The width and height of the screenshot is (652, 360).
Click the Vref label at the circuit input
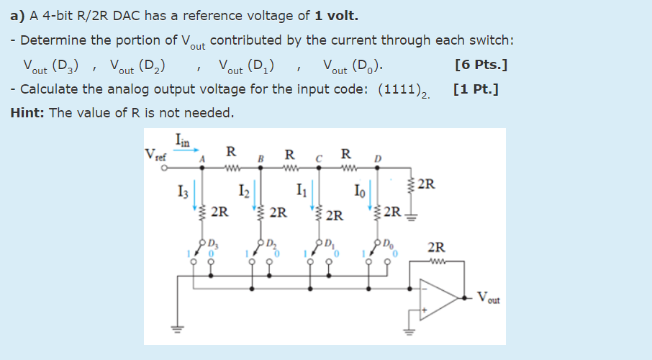point(154,154)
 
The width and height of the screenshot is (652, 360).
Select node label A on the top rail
point(202,159)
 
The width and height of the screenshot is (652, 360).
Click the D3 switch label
point(214,242)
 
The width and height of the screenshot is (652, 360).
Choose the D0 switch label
point(389,242)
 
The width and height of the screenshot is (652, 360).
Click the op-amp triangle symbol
point(442,297)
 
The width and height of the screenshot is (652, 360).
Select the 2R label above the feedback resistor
point(436,248)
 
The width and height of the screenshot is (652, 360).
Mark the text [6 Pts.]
point(481,66)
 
